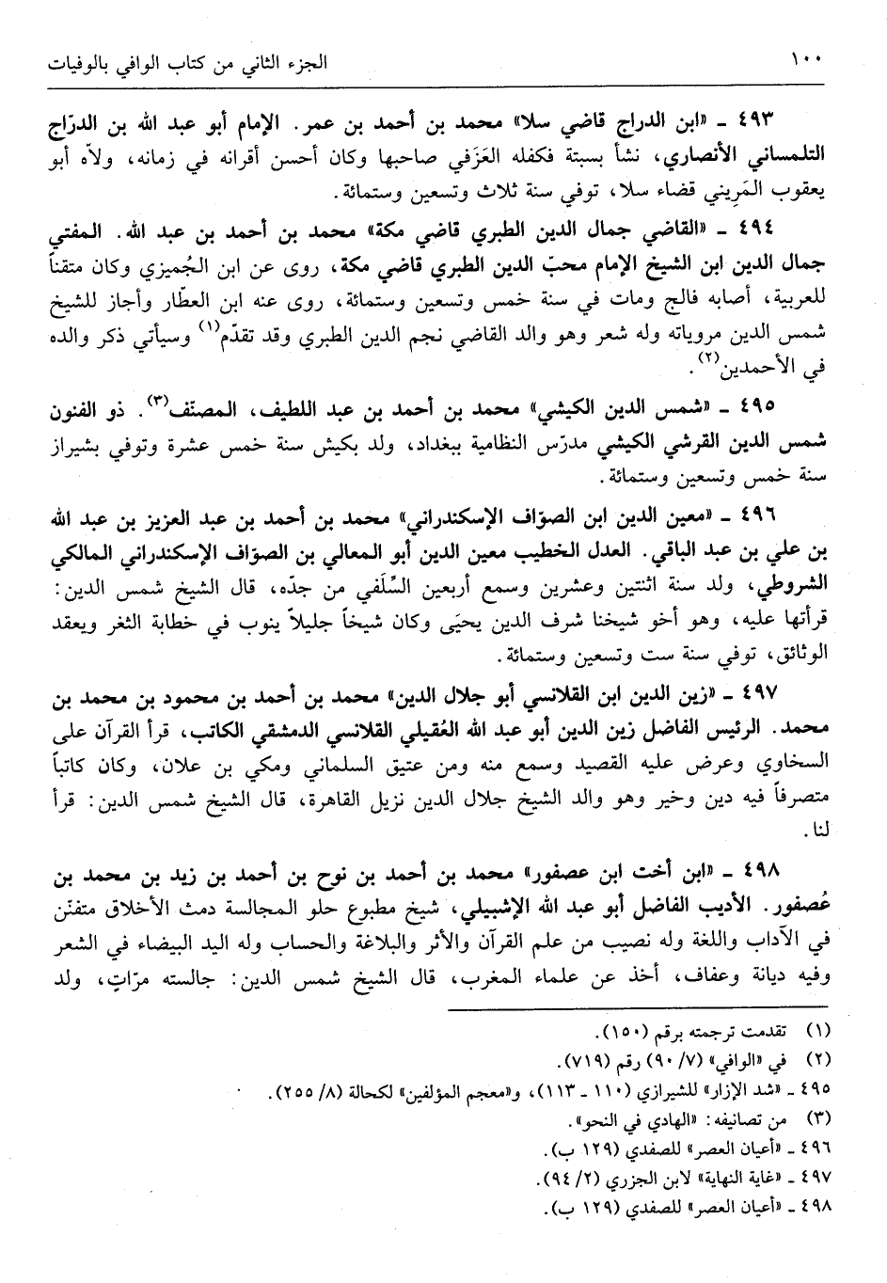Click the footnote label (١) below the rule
click(x=805, y=1034)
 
